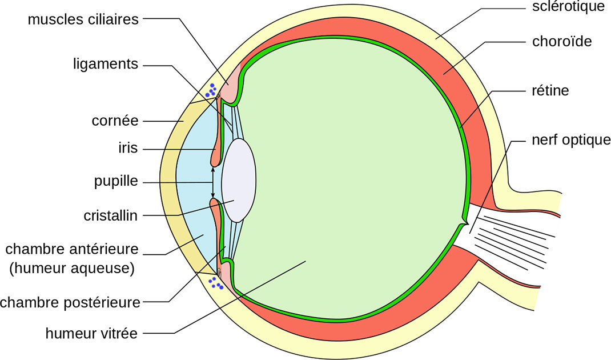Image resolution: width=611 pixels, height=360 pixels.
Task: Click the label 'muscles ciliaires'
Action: [x=83, y=19]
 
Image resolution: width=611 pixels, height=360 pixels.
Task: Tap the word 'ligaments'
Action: [x=106, y=64]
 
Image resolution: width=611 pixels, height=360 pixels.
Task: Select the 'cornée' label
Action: [x=115, y=121]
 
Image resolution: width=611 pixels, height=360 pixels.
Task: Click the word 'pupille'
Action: [x=116, y=182]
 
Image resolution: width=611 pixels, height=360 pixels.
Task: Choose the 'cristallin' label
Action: [x=111, y=215]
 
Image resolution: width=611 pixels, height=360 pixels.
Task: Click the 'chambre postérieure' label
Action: [x=70, y=302]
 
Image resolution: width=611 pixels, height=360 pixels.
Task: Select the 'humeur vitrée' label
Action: [x=91, y=333]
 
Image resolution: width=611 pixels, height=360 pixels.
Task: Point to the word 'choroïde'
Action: [x=561, y=42]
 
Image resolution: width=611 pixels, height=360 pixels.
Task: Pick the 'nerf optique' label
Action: [x=569, y=140]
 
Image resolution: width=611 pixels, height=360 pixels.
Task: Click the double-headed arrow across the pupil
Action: [x=213, y=182]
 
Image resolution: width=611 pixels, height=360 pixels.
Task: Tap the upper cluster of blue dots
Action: [x=213, y=90]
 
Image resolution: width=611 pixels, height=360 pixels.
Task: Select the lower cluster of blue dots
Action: [x=215, y=282]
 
